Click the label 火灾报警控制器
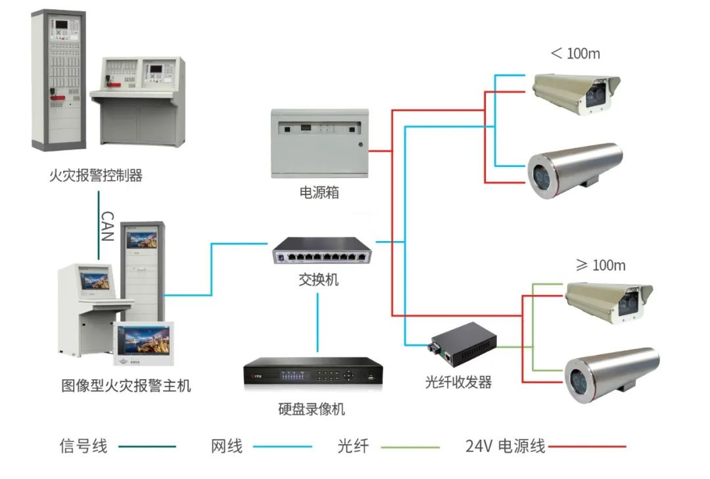point(96,175)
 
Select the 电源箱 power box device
point(319,143)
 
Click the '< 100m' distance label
point(575,53)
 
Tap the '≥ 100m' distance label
point(600,265)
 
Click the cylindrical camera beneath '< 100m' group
point(574,168)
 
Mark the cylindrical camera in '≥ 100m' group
point(611,373)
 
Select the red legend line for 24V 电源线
point(587,447)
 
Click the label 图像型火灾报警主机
point(126,385)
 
